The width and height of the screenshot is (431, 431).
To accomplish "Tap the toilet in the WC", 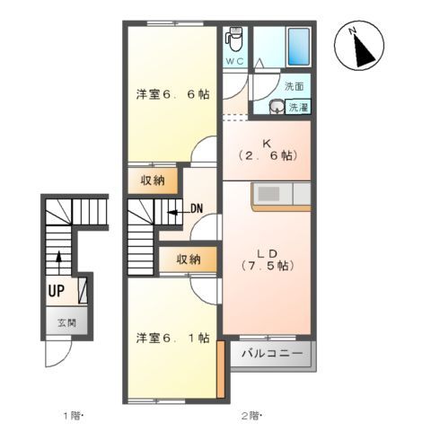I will coord(234,40).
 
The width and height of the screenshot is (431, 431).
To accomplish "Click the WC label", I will coord(234,62).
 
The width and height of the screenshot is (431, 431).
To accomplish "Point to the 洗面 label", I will coord(295,87).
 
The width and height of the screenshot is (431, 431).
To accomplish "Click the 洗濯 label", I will coord(297,108).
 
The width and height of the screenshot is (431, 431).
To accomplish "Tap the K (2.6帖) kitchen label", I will coord(266,149).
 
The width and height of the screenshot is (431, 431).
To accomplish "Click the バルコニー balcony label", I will coord(272,355).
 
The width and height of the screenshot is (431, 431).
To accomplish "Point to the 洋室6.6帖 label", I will coord(172,94).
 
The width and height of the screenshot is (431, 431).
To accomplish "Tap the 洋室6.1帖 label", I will coord(172,339).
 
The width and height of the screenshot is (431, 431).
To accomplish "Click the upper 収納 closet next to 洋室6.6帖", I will coord(153,180).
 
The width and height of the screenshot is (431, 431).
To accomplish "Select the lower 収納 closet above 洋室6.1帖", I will coord(188,259).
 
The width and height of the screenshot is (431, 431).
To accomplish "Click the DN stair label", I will coord(197,210).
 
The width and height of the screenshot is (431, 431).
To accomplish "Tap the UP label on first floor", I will coord(57,291).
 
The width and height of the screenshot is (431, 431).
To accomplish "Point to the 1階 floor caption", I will coord(73,415).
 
